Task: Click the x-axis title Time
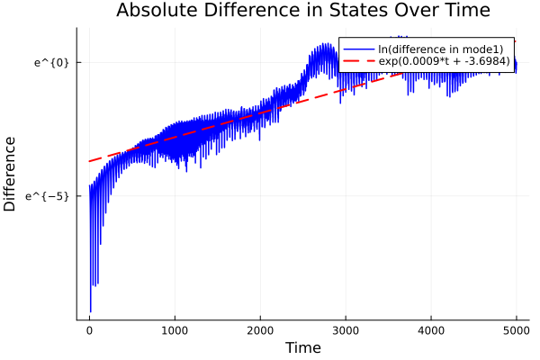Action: (x=302, y=347)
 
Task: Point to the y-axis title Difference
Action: (x=11, y=174)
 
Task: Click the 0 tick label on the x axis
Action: (x=89, y=330)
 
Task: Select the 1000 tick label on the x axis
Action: (x=175, y=330)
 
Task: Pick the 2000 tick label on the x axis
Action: (x=260, y=330)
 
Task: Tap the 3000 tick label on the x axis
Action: (x=346, y=330)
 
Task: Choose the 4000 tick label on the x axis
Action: (x=431, y=330)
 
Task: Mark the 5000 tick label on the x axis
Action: (x=516, y=330)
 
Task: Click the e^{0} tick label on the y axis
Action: (x=51, y=62)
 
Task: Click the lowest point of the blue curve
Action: (x=90, y=311)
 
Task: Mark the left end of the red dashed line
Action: (x=89, y=161)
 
